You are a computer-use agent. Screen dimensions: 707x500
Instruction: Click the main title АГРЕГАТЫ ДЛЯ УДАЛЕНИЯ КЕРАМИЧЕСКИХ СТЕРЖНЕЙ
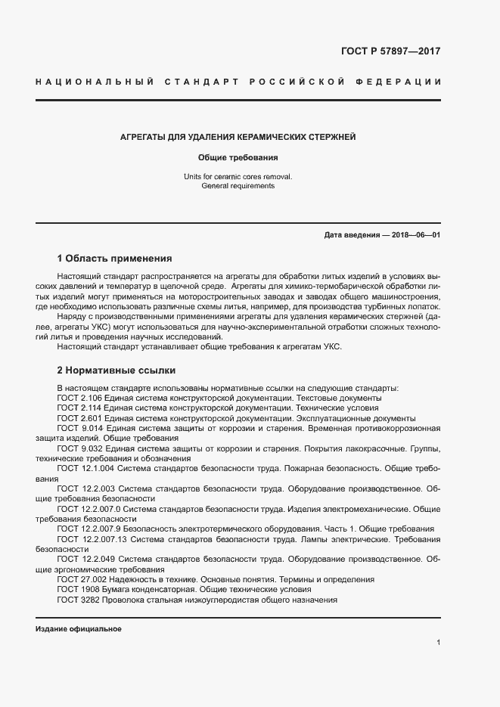(x=238, y=138)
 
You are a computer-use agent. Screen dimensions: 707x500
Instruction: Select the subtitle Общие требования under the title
(x=238, y=158)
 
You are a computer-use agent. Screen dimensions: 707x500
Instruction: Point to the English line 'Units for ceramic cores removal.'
(x=238, y=176)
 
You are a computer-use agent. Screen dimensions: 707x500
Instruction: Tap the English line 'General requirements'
(x=238, y=185)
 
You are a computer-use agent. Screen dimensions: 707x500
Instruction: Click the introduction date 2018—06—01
(x=414, y=235)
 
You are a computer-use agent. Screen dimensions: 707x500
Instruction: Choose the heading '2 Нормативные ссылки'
(x=116, y=371)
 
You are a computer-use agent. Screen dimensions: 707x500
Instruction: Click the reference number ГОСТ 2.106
(x=79, y=398)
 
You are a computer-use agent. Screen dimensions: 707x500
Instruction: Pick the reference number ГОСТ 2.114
(x=79, y=408)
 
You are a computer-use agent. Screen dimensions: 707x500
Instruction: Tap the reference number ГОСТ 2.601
(x=79, y=418)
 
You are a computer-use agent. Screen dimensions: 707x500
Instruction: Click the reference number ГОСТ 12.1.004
(x=84, y=469)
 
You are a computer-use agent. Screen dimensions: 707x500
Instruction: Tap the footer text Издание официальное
(x=79, y=629)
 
